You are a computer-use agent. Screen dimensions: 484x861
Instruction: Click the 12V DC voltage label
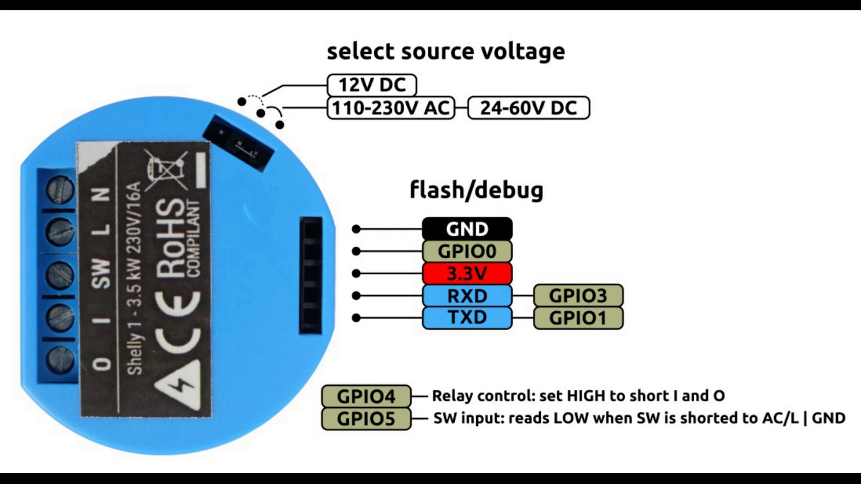click(x=372, y=85)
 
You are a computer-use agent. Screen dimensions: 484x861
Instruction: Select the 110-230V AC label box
click(x=391, y=108)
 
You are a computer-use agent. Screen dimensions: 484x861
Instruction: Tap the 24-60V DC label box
click(x=528, y=108)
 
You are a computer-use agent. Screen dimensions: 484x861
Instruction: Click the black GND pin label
click(x=467, y=229)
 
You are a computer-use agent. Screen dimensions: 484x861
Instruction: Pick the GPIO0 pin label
click(x=467, y=251)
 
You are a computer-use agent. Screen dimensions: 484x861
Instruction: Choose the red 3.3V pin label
click(x=467, y=274)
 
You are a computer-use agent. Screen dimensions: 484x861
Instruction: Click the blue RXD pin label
click(x=467, y=296)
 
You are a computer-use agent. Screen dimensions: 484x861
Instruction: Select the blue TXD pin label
click(x=467, y=318)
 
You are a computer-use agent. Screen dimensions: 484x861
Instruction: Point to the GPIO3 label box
click(x=578, y=296)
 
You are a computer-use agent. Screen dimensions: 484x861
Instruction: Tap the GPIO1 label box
click(x=578, y=318)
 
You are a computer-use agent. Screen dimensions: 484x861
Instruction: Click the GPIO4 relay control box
click(x=366, y=396)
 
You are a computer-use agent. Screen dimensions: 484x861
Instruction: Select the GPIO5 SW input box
click(x=366, y=419)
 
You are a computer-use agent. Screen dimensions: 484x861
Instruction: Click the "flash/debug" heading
click(x=476, y=190)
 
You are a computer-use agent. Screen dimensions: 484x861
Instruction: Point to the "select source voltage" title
click(x=446, y=52)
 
